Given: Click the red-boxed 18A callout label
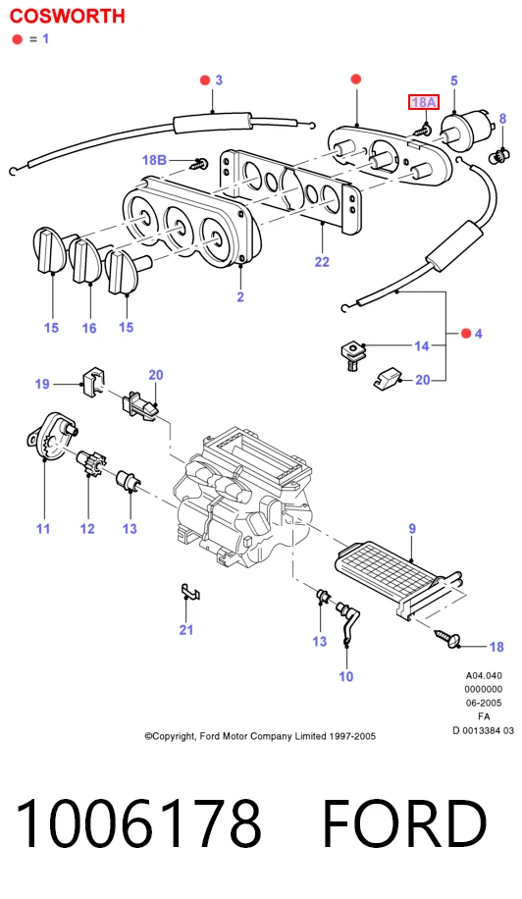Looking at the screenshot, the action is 424,102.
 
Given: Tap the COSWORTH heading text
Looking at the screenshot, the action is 68,16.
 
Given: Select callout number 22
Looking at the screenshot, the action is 322,261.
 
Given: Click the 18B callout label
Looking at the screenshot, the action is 154,159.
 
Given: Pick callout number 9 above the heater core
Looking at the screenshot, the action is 412,529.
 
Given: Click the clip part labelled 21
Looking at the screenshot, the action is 190,592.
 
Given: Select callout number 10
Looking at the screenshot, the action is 346,676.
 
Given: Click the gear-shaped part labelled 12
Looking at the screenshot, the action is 91,460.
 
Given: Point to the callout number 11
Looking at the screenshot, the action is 43,528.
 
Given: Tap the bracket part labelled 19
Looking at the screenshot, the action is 94,380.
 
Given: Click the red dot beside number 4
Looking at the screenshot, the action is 466,333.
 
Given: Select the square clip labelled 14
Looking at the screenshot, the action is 352,353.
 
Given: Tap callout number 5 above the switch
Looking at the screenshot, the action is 454,80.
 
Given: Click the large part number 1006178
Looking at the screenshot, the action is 138,823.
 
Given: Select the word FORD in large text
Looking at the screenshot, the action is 404,823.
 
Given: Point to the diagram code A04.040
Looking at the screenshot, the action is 484,675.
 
